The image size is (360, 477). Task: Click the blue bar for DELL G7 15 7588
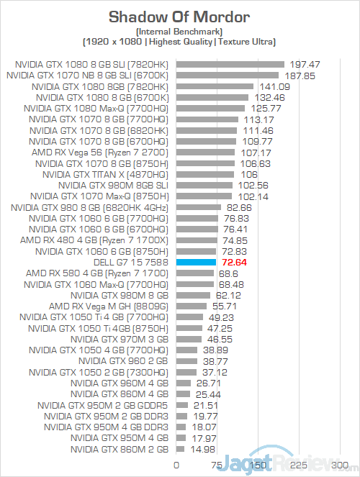(196, 262)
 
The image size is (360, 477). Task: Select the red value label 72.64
(234, 262)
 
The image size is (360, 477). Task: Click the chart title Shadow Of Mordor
(179, 17)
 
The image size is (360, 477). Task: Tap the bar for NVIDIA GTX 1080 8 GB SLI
(230, 65)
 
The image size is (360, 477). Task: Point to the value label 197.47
(305, 65)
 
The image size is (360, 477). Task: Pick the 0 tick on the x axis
(176, 465)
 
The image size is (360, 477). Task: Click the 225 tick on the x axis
(299, 465)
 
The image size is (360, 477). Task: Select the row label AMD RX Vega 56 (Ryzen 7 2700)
(100, 153)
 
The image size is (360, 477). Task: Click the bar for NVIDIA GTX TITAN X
(205, 174)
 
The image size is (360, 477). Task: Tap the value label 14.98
(202, 449)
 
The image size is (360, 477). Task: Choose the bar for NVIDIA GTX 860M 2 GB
(180, 449)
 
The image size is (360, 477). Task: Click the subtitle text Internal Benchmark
(179, 32)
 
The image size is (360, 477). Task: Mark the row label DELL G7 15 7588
(131, 262)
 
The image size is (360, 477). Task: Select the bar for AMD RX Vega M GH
(192, 306)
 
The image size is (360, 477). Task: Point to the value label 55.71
(225, 306)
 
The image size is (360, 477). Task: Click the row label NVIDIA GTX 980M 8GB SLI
(113, 186)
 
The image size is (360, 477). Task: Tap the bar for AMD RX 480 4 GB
(197, 240)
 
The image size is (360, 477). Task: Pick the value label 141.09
(275, 87)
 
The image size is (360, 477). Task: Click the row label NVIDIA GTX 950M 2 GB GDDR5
(103, 405)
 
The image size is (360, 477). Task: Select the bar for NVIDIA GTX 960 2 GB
(187, 361)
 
